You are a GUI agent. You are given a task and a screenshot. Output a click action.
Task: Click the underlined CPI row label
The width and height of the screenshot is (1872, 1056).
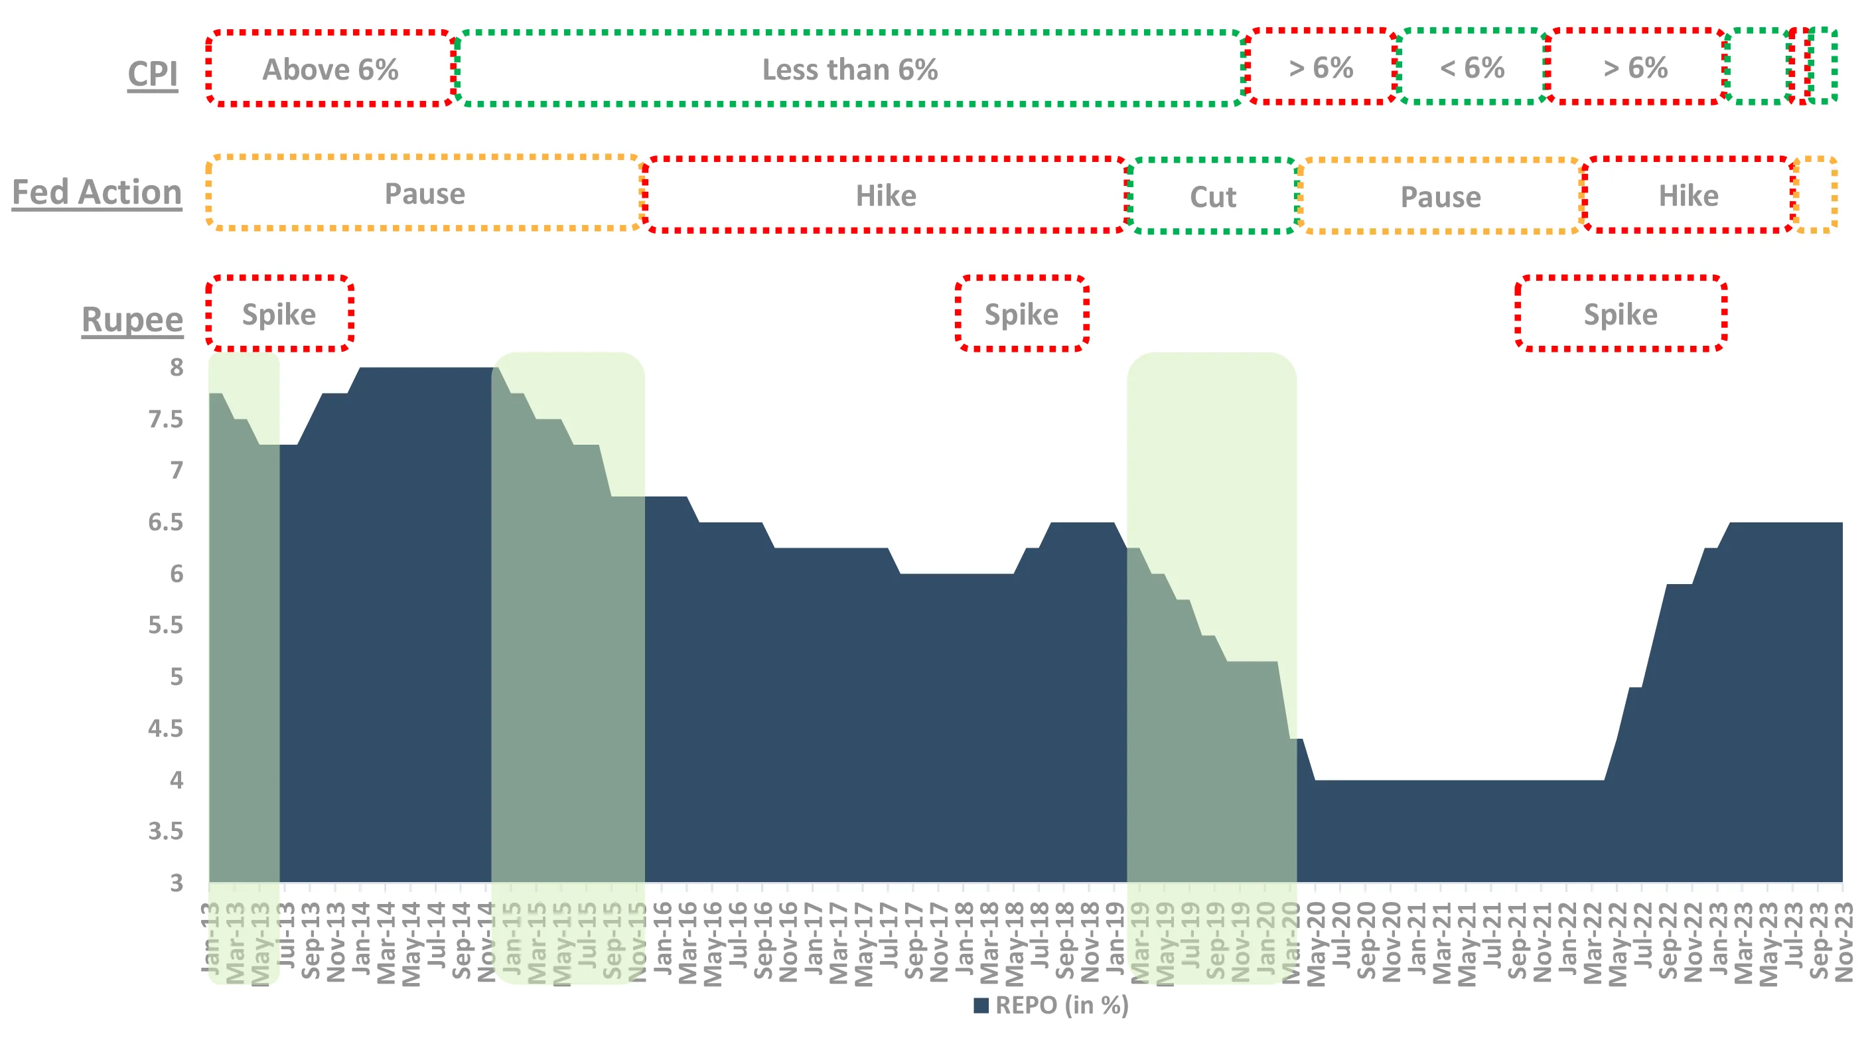pos(153,74)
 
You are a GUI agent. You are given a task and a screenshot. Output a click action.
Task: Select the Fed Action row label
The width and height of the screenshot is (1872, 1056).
pos(97,192)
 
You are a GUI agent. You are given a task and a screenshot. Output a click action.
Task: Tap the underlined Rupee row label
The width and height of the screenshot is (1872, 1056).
pos(131,320)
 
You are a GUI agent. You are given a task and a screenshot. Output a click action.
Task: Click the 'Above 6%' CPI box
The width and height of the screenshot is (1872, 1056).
pos(330,70)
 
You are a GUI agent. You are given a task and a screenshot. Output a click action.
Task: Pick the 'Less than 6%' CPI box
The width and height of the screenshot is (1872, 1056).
pos(849,70)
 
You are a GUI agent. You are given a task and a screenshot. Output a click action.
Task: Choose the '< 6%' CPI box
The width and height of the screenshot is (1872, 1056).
pos(1472,68)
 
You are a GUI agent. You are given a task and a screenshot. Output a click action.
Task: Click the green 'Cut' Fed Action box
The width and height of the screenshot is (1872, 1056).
pos(1212,197)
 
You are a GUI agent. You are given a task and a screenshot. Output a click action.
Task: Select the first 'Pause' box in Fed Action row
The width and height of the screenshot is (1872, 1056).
pos(425,194)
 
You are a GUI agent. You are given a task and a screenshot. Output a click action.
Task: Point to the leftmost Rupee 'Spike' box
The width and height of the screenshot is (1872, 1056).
pos(279,315)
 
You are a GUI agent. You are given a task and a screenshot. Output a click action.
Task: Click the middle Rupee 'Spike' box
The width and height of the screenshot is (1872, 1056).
pos(1021,315)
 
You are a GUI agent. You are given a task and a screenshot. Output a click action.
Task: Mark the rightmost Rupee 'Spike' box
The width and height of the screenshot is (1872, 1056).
pos(1620,315)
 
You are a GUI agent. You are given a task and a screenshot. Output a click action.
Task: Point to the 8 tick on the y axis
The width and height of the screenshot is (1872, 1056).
pos(177,368)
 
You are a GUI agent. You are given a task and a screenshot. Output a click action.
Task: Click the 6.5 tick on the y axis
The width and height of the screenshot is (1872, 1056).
pos(166,522)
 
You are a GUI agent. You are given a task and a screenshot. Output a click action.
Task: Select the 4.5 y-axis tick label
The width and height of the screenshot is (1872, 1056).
pos(166,728)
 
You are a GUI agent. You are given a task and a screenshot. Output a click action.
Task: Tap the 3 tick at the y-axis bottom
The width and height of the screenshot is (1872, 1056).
pos(177,883)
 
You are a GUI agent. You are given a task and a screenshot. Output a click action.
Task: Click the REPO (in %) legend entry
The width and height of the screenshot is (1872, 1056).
pos(1051,1006)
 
